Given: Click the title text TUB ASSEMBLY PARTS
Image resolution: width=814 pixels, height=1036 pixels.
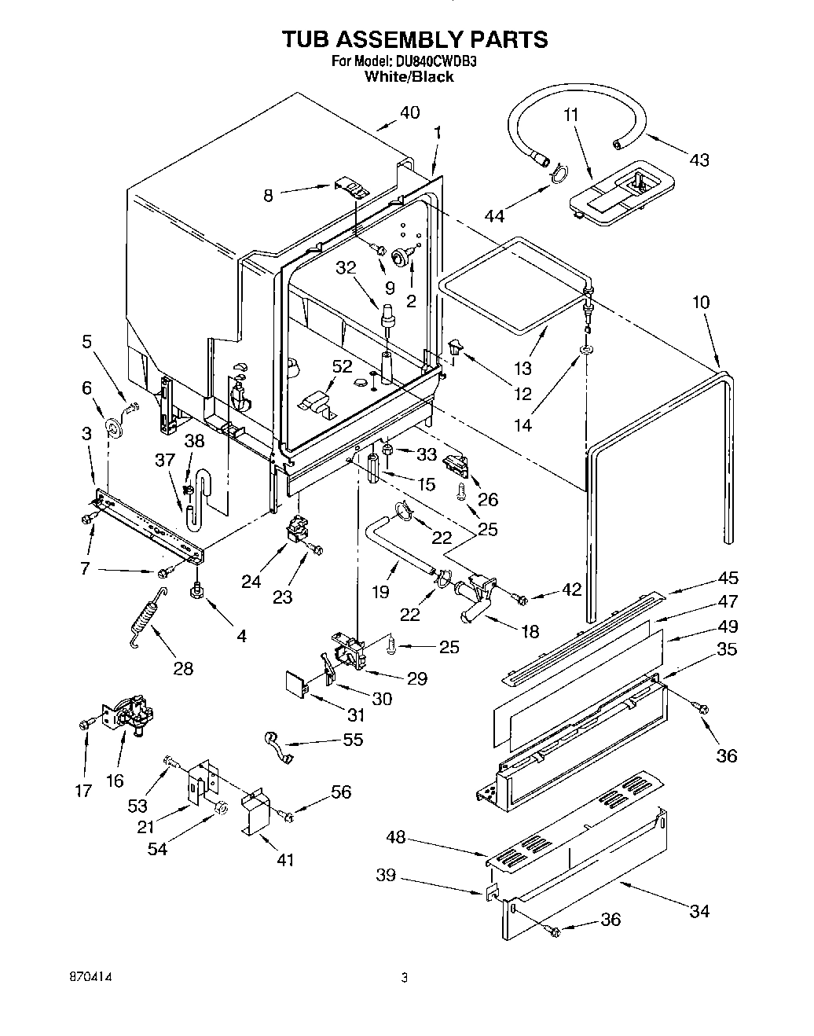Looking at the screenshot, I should tap(404, 39).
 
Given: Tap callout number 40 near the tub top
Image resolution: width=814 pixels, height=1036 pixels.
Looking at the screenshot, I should tap(409, 112).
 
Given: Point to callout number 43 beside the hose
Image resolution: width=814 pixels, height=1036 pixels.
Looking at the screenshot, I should tap(698, 160).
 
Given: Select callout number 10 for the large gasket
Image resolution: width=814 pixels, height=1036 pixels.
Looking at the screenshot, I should tap(701, 302).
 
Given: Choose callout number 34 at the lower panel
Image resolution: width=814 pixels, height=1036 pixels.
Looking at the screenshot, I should tap(698, 910).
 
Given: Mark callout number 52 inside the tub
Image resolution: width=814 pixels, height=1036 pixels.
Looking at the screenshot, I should tap(342, 367).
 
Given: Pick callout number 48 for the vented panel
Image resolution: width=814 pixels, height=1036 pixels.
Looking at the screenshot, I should tap(396, 838).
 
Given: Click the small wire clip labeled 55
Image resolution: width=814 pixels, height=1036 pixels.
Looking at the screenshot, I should tap(276, 745).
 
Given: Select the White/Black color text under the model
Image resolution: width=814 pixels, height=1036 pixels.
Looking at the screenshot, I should tap(409, 77).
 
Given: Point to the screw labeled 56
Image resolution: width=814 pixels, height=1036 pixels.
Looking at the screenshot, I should tap(288, 817).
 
